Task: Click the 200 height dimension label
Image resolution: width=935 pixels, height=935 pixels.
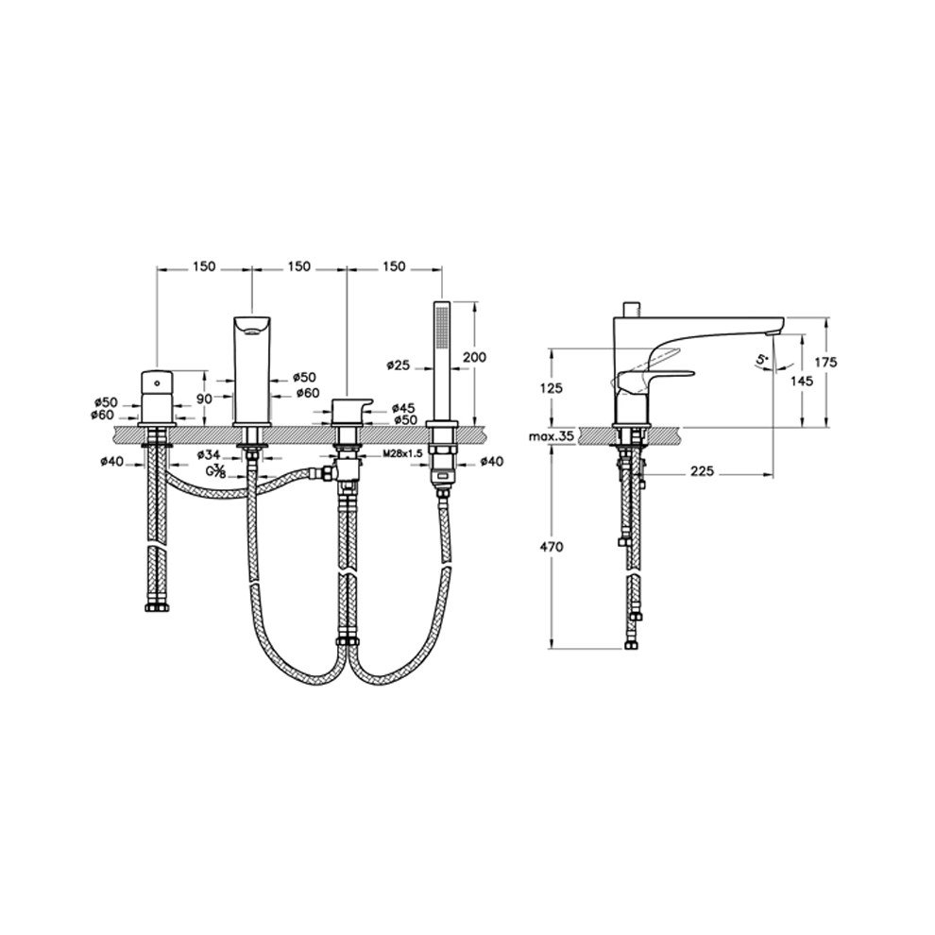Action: click(x=474, y=357)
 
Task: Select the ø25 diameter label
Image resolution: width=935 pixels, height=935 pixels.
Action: click(x=398, y=365)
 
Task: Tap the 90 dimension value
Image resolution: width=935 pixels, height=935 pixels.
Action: click(x=204, y=399)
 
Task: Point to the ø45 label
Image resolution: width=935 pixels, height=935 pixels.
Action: click(x=404, y=408)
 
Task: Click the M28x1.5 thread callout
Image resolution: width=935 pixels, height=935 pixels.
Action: click(x=403, y=453)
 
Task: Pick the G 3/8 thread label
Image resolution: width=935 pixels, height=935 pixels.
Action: click(x=215, y=471)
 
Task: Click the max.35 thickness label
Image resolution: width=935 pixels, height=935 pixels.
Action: click(x=551, y=436)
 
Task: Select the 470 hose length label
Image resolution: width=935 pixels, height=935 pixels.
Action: click(x=551, y=547)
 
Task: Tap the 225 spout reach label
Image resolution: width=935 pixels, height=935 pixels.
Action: click(x=702, y=471)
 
